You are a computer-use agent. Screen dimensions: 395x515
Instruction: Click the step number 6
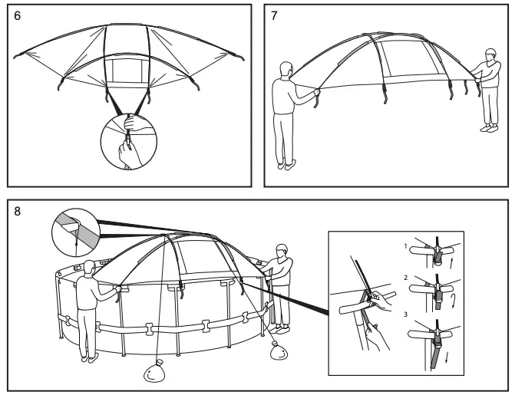pos(17,17)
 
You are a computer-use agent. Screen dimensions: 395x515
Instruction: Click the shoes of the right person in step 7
pos(487,129)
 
